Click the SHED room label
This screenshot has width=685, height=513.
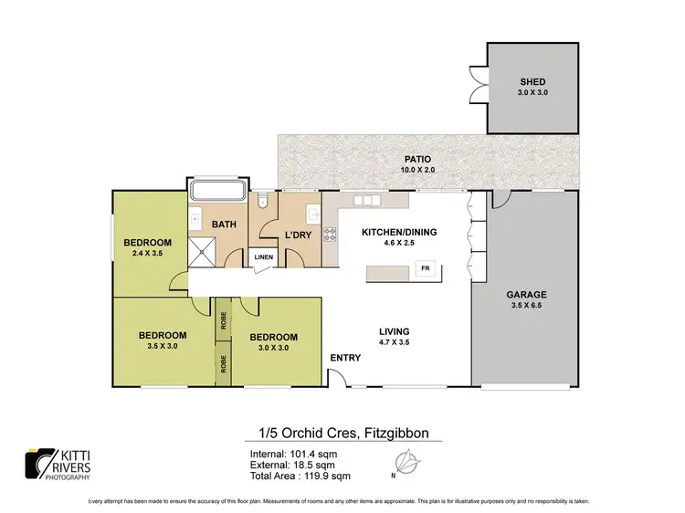533,81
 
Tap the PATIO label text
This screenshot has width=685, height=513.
418,159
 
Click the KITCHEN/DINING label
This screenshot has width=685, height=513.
399,233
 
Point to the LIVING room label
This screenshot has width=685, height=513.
395,331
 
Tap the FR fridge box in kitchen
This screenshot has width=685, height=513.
424,268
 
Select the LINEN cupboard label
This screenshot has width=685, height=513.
263,258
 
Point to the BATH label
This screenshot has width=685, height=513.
225,224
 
